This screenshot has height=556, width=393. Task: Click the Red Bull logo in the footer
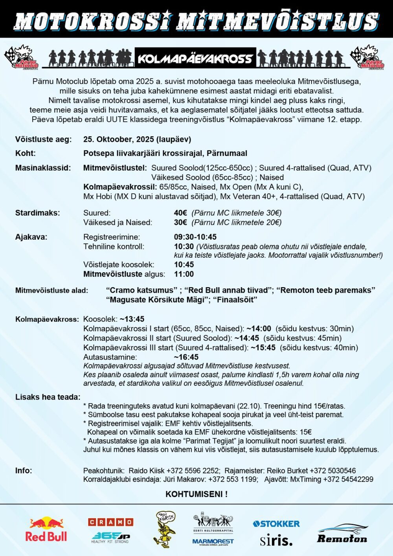(46, 529)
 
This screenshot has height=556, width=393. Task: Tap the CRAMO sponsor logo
(110, 522)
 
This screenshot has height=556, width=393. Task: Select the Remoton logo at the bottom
(342, 534)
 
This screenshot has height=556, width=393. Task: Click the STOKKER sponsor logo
(276, 524)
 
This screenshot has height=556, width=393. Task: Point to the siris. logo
(276, 541)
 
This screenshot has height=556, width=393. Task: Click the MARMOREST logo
(213, 541)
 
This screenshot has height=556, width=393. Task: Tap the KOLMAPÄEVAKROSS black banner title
(195, 59)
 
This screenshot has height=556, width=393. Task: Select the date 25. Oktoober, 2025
(137, 139)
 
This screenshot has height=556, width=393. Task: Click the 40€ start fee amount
(180, 213)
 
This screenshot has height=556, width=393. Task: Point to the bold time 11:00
(184, 274)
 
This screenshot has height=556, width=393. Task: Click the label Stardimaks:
(37, 213)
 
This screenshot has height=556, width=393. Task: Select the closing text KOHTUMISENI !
(196, 494)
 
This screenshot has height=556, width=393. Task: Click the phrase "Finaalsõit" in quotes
(235, 300)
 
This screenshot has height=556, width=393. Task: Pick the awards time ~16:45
(186, 357)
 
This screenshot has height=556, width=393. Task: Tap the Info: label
(24, 470)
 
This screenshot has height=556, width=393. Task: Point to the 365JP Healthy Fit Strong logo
(110, 537)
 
